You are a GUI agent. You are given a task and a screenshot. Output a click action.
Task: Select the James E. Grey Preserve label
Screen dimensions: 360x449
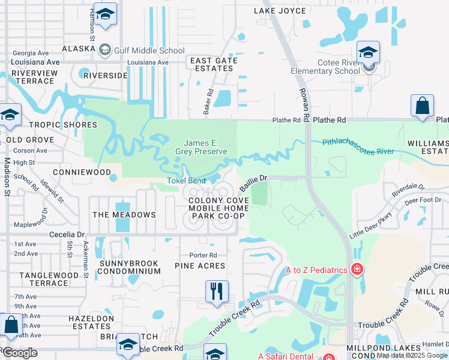(205, 147)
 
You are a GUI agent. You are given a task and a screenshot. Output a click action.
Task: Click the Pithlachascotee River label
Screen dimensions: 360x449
(358, 146)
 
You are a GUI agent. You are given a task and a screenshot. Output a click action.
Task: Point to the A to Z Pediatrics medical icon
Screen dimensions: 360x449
(358, 270)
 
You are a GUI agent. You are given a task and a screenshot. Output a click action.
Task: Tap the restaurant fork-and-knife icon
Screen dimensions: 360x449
(217, 292)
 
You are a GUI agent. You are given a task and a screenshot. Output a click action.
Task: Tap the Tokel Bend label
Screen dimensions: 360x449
(186, 181)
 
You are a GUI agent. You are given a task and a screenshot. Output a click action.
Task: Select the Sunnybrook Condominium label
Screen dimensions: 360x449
(130, 267)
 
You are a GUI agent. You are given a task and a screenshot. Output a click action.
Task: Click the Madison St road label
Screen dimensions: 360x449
(8, 176)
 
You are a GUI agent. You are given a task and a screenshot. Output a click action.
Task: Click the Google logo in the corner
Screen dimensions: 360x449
(20, 353)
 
